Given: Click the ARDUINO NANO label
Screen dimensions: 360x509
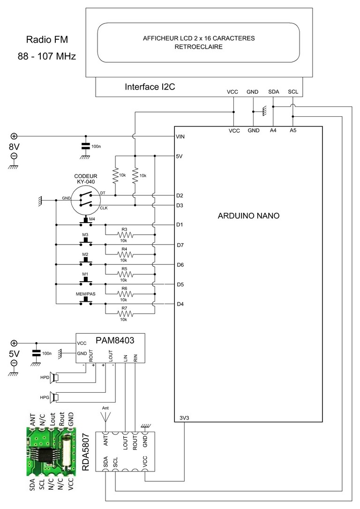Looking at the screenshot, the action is click(x=248, y=216).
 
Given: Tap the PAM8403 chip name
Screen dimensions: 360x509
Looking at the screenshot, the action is click(x=115, y=340).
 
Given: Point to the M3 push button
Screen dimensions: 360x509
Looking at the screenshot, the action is click(x=86, y=242).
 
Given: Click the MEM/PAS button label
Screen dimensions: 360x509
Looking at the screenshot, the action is click(x=86, y=294).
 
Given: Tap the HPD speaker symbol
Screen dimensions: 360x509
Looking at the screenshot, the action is click(x=54, y=377).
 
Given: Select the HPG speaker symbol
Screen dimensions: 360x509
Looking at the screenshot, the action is click(x=54, y=397).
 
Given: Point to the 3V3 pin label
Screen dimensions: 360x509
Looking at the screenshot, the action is click(x=184, y=418).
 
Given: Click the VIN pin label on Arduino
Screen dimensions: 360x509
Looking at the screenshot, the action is click(x=180, y=137).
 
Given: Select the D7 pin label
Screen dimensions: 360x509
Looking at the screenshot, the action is click(x=180, y=246).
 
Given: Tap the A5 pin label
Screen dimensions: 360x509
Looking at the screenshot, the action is click(x=293, y=130).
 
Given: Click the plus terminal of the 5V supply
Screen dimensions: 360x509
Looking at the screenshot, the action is click(x=14, y=343).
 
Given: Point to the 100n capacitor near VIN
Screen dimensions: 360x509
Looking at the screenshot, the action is click(x=86, y=146).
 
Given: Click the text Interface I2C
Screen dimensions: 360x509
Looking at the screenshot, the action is click(x=150, y=87).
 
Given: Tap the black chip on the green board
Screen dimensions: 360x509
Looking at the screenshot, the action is click(x=46, y=452).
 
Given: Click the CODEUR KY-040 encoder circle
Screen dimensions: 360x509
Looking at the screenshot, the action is click(x=86, y=201).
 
